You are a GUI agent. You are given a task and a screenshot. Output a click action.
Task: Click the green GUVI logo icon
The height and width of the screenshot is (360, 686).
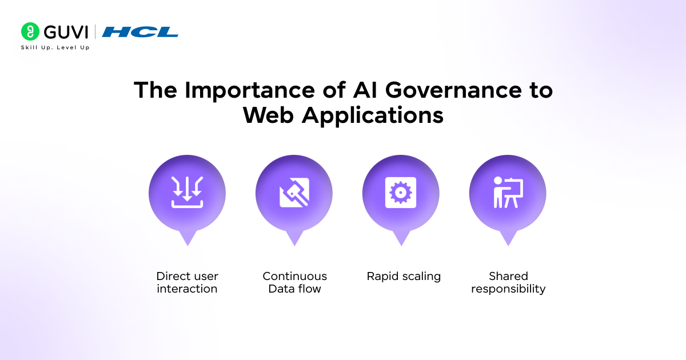(x=30, y=31)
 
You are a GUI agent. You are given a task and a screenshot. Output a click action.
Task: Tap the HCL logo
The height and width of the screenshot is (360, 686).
(x=140, y=32)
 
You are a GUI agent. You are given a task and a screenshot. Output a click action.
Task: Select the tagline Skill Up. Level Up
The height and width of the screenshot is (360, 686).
(x=55, y=47)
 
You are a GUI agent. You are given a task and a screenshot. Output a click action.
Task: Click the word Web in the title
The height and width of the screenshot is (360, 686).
(x=268, y=115)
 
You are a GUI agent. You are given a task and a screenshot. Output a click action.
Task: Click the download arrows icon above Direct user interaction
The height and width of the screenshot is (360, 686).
(x=187, y=192)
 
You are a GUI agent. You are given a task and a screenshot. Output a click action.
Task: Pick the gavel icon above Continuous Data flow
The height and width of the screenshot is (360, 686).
(x=294, y=192)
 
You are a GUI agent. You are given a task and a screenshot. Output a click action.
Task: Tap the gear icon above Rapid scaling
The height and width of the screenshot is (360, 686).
(x=401, y=192)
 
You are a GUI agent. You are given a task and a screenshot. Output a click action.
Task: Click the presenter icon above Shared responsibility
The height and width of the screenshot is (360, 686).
(x=508, y=192)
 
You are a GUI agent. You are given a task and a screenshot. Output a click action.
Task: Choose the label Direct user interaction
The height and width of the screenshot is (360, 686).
(x=187, y=282)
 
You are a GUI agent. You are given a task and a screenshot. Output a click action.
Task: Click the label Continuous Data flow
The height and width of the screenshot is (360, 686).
(x=294, y=282)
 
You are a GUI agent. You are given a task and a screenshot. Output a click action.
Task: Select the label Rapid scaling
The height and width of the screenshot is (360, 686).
(x=404, y=276)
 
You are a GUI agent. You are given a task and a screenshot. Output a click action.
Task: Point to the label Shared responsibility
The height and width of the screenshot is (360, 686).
(x=508, y=282)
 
